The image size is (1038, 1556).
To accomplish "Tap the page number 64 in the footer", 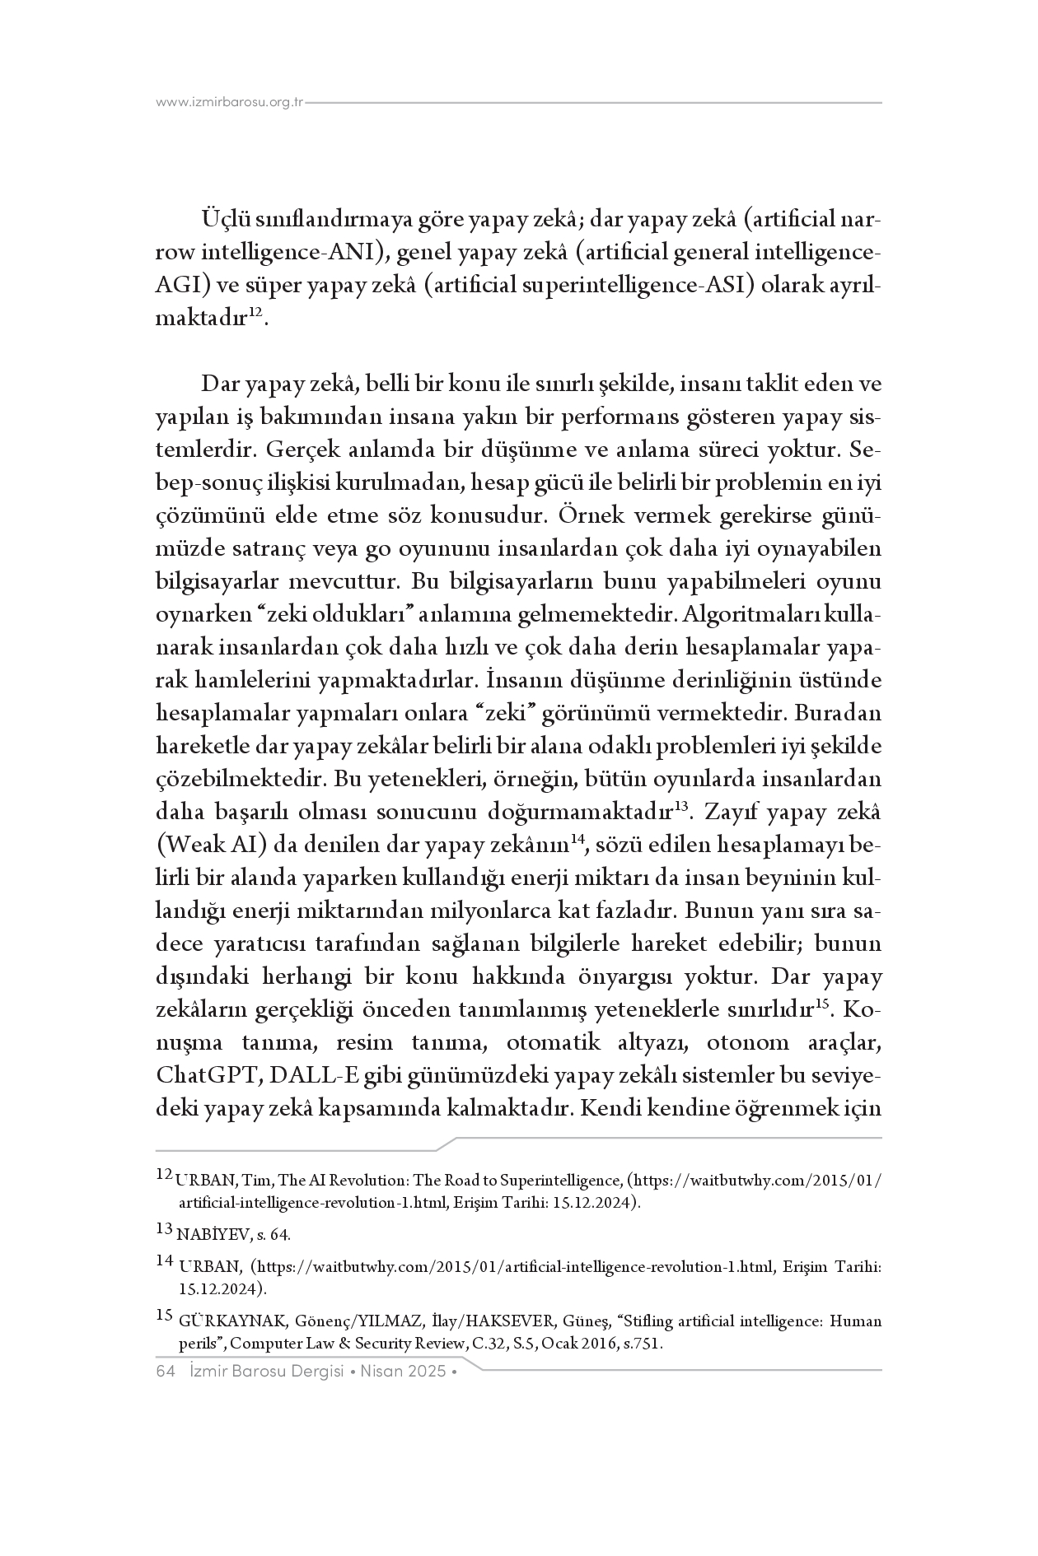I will (x=166, y=1372).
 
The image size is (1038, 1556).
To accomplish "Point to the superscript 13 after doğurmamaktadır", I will (x=681, y=807).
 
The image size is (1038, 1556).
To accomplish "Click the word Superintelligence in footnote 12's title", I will (x=559, y=1180).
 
